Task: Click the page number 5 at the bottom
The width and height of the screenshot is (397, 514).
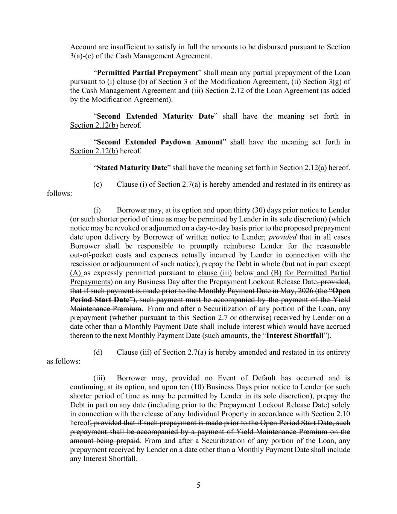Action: (x=198, y=485)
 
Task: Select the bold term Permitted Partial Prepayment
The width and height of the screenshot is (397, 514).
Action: (x=147, y=73)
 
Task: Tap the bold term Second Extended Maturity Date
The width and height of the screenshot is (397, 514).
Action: (x=155, y=116)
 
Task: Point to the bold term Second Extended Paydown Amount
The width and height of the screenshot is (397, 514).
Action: (x=159, y=142)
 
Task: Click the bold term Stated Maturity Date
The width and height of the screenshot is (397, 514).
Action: (x=132, y=168)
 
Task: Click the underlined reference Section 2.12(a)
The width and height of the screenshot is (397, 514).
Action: (x=303, y=168)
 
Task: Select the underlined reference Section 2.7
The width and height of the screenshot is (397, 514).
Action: (x=210, y=318)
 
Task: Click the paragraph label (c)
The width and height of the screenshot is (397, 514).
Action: (x=97, y=185)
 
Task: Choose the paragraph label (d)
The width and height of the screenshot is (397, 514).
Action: (x=97, y=352)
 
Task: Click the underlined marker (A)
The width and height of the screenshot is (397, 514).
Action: (x=76, y=273)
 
